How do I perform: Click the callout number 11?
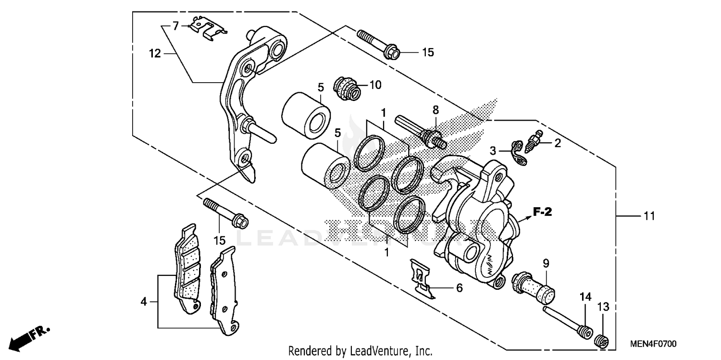tap(649, 217)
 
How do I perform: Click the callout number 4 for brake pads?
tap(143, 302)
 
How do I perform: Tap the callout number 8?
tap(435, 110)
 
